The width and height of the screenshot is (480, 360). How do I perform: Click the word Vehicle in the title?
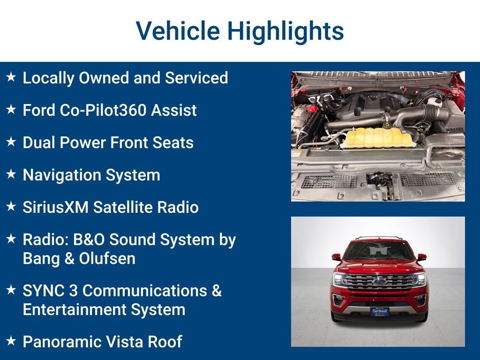(x=178, y=31)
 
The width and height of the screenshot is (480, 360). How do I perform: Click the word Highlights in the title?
(x=285, y=31)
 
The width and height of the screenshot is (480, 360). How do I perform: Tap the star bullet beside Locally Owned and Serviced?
(x=11, y=77)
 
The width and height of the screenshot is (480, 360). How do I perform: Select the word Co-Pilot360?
(x=110, y=110)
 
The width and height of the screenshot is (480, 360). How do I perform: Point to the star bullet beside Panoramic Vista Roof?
(x=11, y=341)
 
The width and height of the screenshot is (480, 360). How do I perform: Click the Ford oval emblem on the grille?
(x=379, y=281)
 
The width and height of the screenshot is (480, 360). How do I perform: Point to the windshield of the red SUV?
(x=379, y=251)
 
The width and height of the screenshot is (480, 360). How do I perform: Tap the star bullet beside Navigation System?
(x=11, y=174)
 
